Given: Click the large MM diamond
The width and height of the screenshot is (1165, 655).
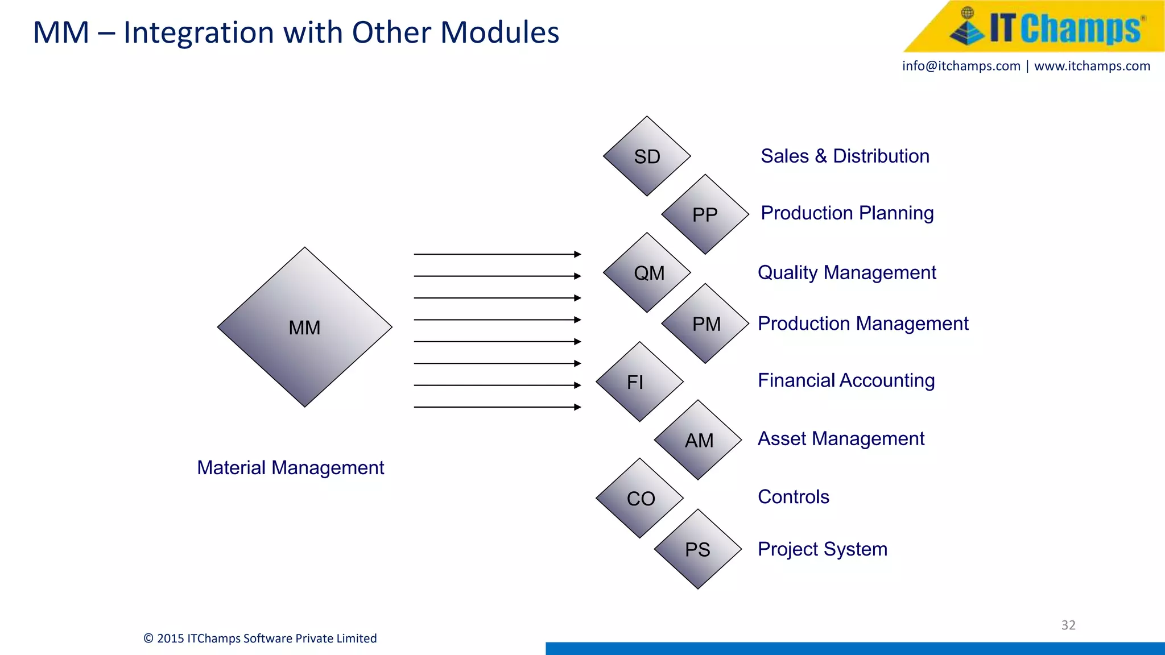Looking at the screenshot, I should point(304,327).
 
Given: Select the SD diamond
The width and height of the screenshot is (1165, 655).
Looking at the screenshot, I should point(647,156).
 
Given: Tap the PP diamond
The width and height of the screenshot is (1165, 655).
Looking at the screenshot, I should point(705,214).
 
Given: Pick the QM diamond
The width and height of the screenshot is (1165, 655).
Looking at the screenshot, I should point(647,272).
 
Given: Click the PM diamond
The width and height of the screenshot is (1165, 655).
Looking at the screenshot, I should point(705,324).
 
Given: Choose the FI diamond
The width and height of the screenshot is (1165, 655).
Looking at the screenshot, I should point(639,382).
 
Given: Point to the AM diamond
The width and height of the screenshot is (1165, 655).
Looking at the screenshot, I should point(698,440).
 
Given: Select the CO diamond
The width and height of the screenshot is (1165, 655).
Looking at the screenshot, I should point(639,498).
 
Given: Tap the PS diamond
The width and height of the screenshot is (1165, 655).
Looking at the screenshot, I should point(698,549).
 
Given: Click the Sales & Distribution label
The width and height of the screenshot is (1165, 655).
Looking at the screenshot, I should point(845,156).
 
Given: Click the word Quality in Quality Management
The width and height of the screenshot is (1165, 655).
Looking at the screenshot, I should point(787,273).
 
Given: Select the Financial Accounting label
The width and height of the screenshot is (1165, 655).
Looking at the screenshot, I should point(846,380).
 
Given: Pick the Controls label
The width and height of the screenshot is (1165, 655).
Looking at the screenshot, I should point(793,497).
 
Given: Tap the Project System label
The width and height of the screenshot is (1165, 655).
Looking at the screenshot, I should point(822,549).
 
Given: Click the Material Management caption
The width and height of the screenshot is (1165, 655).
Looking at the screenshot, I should point(290,467).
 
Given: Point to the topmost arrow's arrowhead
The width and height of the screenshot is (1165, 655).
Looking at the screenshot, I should point(577,254).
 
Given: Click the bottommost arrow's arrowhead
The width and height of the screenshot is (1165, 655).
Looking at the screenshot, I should point(577,407).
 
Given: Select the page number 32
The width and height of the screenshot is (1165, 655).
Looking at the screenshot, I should point(1068,625).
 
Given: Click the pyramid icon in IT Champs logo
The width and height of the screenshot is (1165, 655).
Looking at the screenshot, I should point(967,27).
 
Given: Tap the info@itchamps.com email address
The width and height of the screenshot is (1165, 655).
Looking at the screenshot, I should point(961,66).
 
